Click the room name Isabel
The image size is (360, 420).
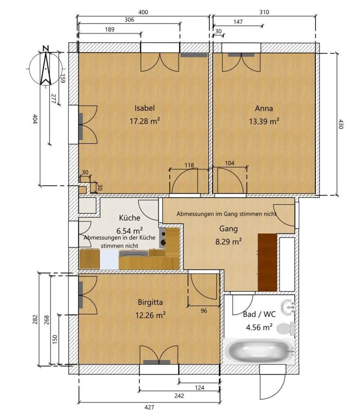coord(144,108)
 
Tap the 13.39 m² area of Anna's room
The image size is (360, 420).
coord(264,121)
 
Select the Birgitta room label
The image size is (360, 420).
coord(150,303)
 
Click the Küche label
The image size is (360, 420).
coord(130,217)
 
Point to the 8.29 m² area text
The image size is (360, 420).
coord(229,242)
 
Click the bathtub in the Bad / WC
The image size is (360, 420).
coord(259,351)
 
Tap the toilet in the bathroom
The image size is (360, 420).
coord(286,329)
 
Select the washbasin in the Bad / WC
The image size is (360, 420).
coord(288,307)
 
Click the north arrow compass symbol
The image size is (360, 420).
coord(45,68)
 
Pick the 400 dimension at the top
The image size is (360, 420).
coord(143,12)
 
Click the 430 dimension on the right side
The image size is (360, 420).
coord(341,124)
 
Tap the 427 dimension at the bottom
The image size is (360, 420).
coord(149,407)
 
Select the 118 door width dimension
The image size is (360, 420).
coord(189,165)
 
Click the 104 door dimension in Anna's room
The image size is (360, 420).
coord(229,163)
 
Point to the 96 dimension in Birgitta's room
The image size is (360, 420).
coord(204,311)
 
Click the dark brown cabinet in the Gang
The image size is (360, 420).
coord(268,262)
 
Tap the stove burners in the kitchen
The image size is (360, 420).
coord(162,239)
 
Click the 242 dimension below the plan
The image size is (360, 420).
coord(179,396)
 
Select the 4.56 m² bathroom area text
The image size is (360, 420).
coord(259,327)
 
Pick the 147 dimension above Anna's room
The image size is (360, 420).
coord(238,22)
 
